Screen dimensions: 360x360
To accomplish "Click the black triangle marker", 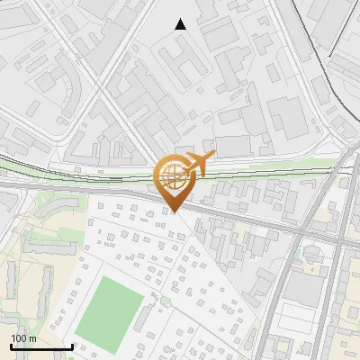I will (181, 24).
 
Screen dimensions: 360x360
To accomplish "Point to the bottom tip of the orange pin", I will (174, 212).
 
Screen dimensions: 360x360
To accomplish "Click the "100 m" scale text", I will (23, 337).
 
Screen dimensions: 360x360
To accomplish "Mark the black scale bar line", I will (41, 346).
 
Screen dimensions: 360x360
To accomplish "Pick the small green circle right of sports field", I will (165, 302).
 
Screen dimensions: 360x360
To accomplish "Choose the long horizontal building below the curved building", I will (40, 261).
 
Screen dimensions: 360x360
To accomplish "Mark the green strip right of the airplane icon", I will (270, 165).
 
